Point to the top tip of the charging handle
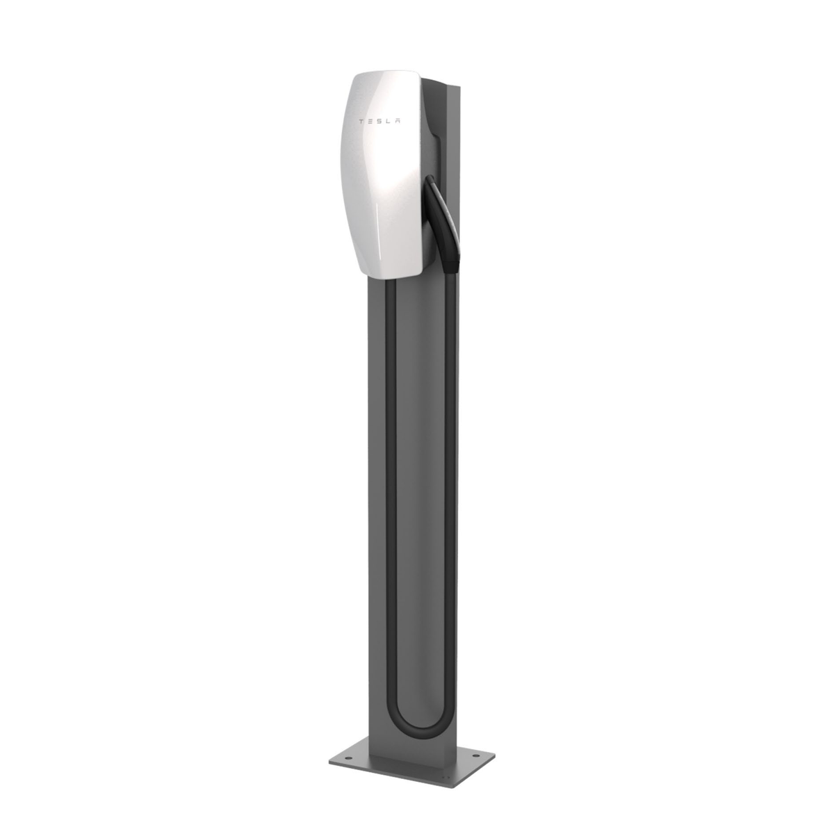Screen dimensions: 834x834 (432, 179)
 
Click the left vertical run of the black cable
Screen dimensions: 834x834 (392, 486)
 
